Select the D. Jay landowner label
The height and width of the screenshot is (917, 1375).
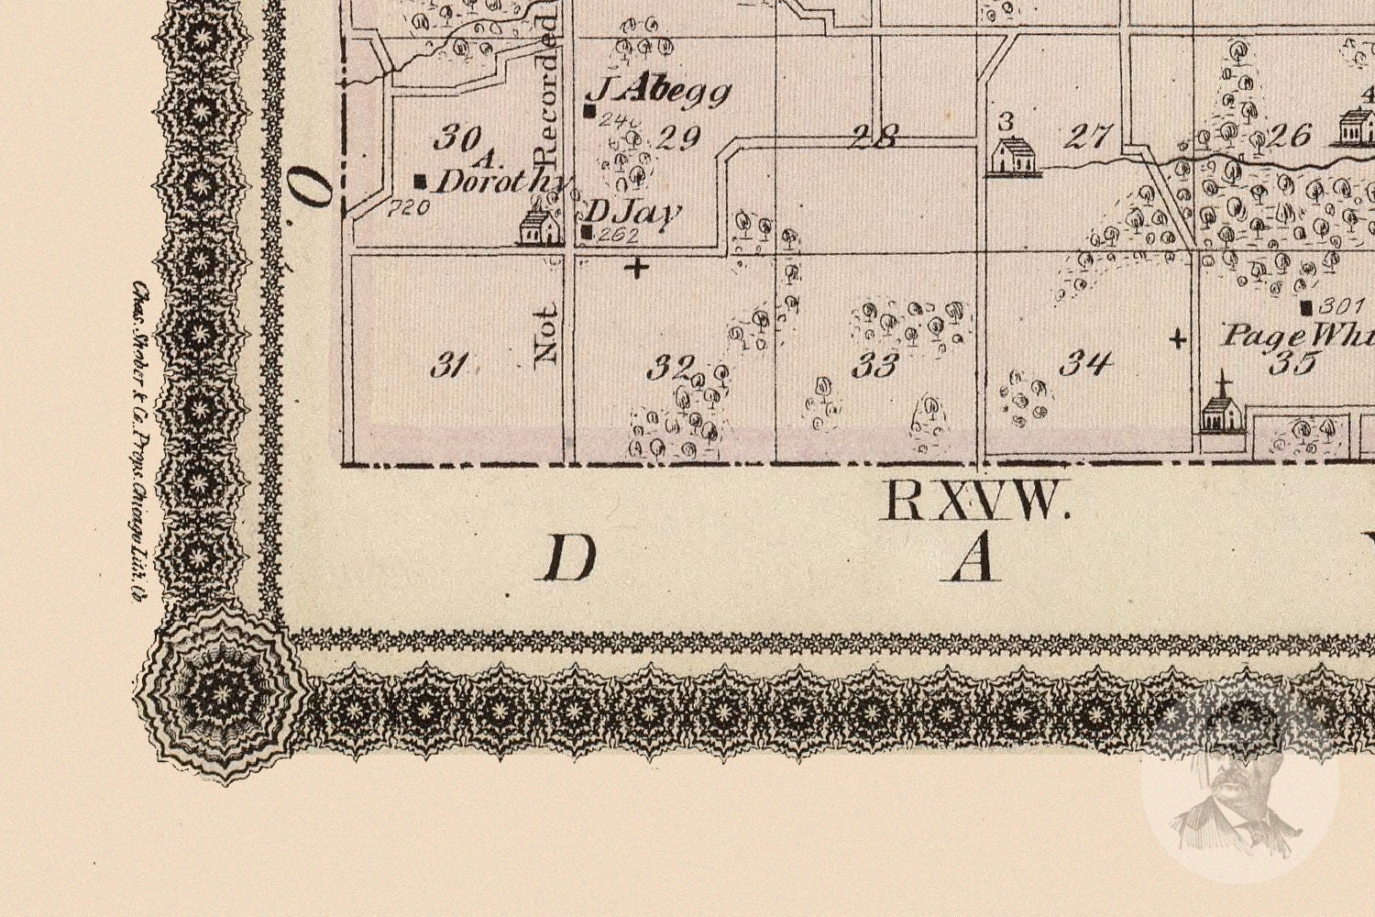click(632, 213)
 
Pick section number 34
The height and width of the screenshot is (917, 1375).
click(1086, 364)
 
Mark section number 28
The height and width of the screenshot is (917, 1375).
click(874, 138)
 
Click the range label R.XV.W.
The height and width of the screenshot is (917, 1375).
click(974, 502)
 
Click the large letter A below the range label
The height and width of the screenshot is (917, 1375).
click(973, 558)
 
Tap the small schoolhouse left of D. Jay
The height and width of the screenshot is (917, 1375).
click(540, 226)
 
